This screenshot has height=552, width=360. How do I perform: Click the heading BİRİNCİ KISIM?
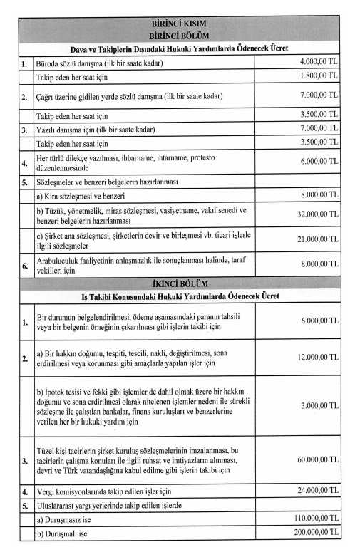[x=180, y=22]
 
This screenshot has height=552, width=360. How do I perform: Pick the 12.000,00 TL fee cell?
[x=317, y=355]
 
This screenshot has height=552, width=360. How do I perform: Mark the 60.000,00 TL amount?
[x=317, y=461]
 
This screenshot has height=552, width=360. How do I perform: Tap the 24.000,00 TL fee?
[x=317, y=491]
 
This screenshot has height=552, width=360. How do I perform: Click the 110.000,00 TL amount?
[x=314, y=521]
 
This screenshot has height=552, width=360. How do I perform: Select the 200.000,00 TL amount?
[x=314, y=534]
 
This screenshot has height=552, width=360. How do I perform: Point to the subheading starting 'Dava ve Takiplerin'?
[x=180, y=49]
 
